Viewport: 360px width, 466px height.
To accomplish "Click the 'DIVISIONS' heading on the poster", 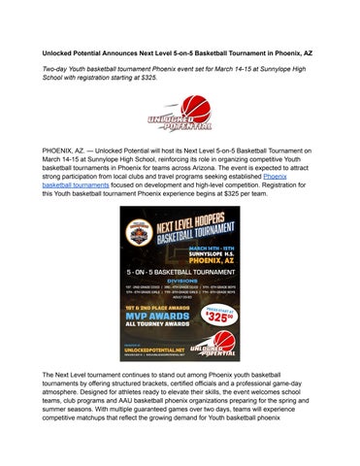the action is click(x=180, y=292).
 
